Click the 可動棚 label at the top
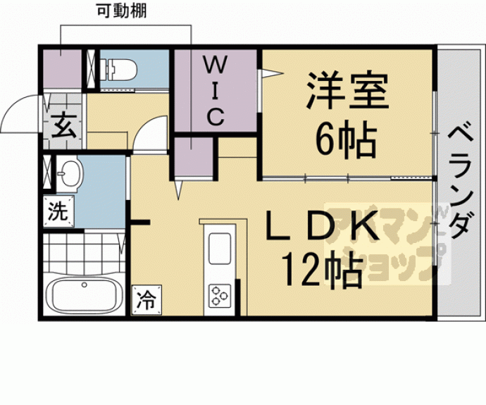click(x=125, y=11)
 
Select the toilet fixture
click(x=120, y=69)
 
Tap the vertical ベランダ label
click(x=460, y=183)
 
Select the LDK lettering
click(x=320, y=227)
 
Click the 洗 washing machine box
click(x=58, y=211)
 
